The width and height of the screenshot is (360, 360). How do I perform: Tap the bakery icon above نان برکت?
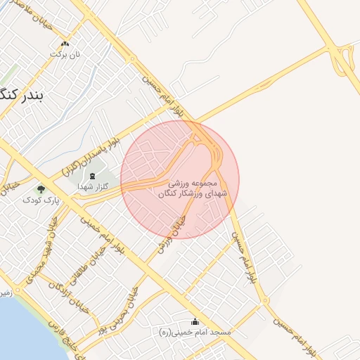65,44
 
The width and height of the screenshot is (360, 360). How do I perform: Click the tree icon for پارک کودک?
41,189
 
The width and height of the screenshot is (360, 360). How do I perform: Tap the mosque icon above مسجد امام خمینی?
195,321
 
